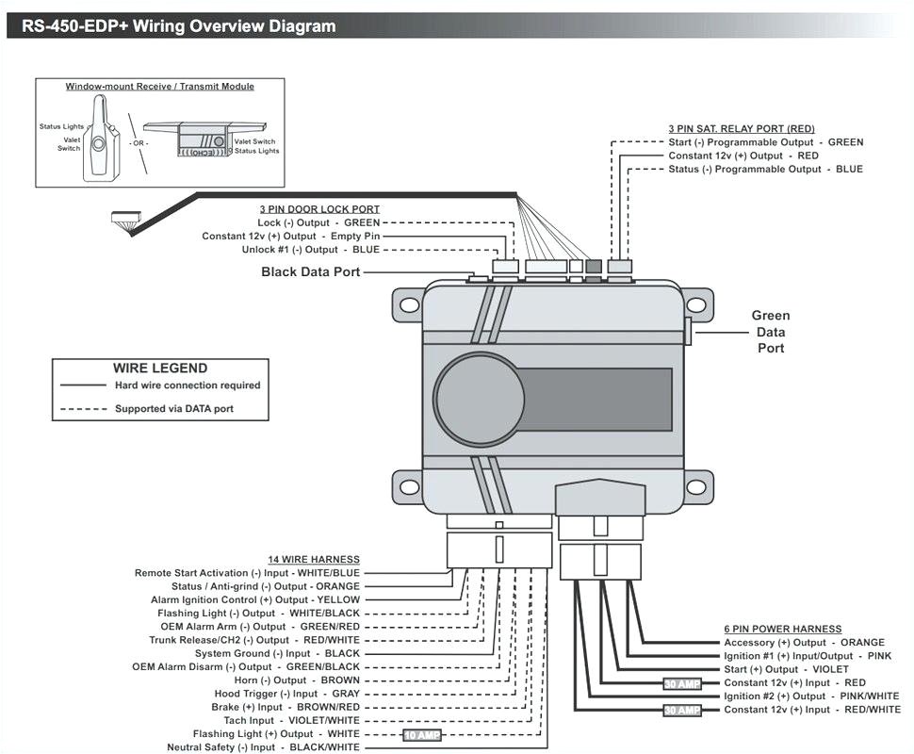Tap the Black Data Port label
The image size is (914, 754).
(310, 272)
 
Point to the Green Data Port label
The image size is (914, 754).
(770, 332)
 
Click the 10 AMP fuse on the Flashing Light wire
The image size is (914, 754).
(422, 734)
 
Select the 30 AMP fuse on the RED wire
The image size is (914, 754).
(682, 683)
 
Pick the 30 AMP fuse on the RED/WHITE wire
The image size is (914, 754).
(682, 710)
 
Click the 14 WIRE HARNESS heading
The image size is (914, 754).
(313, 560)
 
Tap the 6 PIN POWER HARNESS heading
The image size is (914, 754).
(782, 629)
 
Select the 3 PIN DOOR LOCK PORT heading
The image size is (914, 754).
(319, 209)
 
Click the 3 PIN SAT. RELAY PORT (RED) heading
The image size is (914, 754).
(742, 128)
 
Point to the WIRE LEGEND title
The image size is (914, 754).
(160, 369)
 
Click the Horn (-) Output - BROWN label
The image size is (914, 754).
(297, 680)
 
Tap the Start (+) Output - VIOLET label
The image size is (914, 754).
(786, 669)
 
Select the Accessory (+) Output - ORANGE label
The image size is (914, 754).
(804, 643)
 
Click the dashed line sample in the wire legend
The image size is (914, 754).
(83, 409)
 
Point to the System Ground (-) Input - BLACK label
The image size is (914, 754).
(277, 653)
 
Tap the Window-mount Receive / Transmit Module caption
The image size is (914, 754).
(159, 87)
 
